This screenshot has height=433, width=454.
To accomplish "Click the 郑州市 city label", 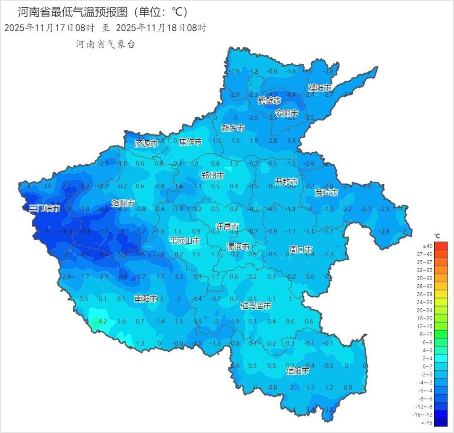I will [x=213, y=176].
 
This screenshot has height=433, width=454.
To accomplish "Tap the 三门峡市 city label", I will [x=44, y=208].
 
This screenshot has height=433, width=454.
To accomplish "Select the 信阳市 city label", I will [x=298, y=371].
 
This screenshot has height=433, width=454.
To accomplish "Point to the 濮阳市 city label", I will [x=319, y=88].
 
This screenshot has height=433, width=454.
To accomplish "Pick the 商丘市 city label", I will [x=327, y=193].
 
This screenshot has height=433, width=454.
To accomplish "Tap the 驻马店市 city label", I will [x=256, y=306].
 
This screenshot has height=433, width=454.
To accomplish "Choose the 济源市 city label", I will [x=146, y=144].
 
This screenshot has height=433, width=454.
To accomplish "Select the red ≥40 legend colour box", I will [x=440, y=246].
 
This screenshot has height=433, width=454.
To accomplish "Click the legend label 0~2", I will [x=427, y=366].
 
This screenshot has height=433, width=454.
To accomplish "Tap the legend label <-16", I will [x=427, y=423].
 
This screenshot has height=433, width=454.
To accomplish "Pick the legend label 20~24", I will [x=427, y=310].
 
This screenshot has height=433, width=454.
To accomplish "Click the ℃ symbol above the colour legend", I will [x=437, y=236].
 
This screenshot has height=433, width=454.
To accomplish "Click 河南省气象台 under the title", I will [x=105, y=44].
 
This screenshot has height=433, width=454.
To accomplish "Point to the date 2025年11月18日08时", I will [x=161, y=27].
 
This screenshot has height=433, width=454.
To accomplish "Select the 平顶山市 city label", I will [x=184, y=241].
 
